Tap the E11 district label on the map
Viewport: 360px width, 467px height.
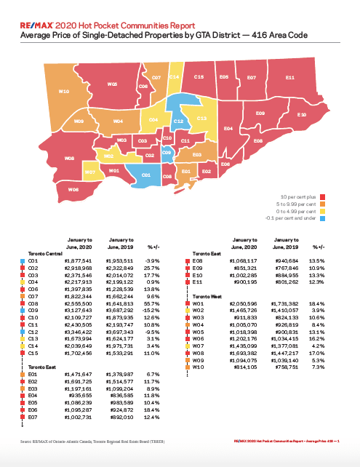(289, 76)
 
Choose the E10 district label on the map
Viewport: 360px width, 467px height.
(302, 115)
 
